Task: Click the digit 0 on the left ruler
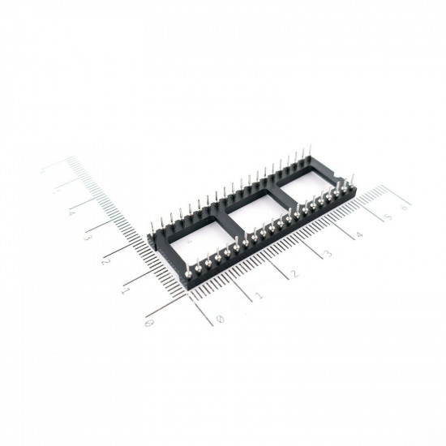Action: [148, 323]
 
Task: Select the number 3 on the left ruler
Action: [88, 238]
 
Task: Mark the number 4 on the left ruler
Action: [71, 212]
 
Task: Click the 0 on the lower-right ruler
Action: [221, 318]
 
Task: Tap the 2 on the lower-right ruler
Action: [294, 274]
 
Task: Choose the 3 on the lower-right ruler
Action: [328, 254]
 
